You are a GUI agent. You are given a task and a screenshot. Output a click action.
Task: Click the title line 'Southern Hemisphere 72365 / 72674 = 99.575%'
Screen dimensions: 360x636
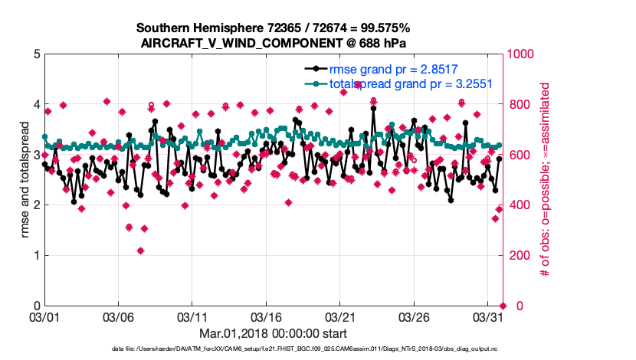pos(273,28)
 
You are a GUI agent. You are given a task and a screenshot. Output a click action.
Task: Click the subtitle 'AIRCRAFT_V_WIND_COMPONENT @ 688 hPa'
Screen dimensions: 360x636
pos(273,43)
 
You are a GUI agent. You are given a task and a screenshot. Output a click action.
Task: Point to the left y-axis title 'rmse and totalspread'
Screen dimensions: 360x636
pos(25,180)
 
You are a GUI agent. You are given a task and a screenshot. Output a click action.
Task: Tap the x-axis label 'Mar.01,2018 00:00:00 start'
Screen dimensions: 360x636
pos(273,333)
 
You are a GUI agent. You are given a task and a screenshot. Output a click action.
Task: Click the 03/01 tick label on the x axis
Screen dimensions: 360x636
pos(44,316)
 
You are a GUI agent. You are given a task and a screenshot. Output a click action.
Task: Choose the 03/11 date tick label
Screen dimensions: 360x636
pos(193,316)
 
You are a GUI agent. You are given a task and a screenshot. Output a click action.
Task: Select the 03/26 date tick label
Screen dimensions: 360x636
pos(416,316)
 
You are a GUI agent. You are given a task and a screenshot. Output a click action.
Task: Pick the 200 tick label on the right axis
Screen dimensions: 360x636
pos(517,256)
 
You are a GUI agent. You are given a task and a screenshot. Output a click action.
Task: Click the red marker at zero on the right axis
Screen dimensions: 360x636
pos(503,306)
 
